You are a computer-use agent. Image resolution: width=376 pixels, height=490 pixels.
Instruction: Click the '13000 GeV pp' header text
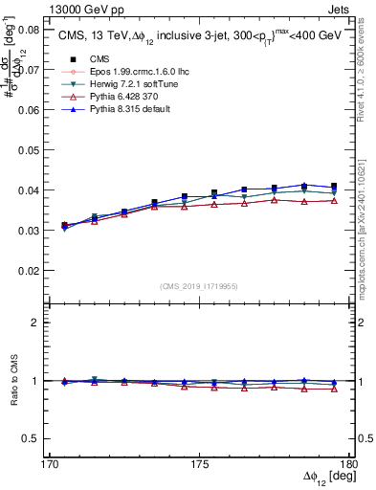[84, 9]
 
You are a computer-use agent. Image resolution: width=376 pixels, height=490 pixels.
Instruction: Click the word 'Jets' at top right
[341, 9]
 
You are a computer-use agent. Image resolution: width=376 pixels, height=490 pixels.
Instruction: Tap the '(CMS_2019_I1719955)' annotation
[199, 285]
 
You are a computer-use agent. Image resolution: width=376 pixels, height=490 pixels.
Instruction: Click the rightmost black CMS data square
[334, 186]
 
